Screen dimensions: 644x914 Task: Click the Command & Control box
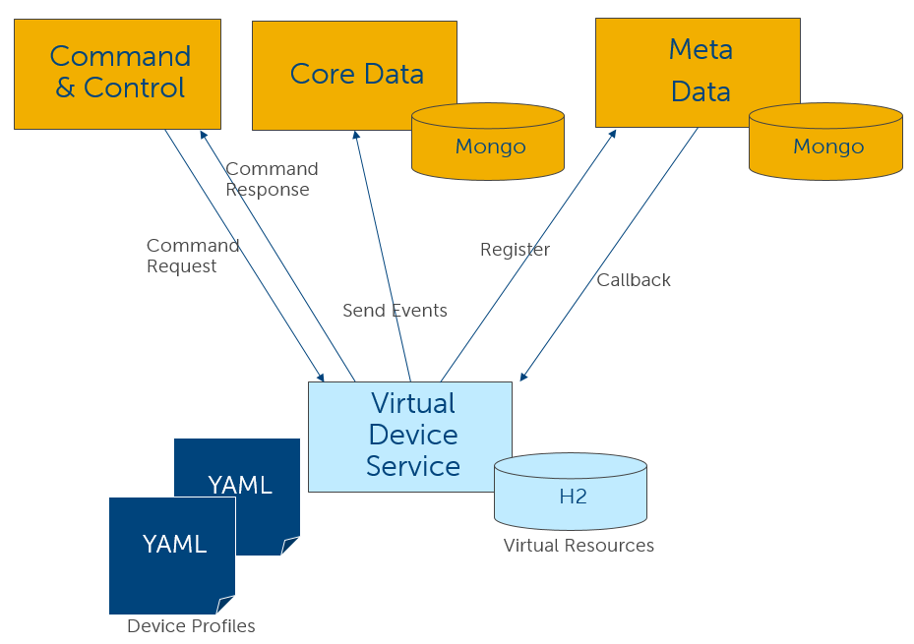click(117, 74)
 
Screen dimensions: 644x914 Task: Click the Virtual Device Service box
click(409, 436)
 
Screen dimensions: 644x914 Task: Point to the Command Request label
click(193, 256)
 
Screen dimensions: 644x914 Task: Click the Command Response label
click(272, 179)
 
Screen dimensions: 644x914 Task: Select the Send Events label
click(395, 311)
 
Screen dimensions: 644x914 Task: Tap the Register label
click(515, 250)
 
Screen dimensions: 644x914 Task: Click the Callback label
click(634, 280)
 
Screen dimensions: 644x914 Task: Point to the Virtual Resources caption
click(579, 546)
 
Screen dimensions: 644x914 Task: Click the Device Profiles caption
click(191, 626)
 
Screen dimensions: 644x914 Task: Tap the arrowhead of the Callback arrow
click(523, 377)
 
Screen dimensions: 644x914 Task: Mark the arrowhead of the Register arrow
click(613, 133)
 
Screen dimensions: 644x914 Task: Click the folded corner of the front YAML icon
click(226, 605)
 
